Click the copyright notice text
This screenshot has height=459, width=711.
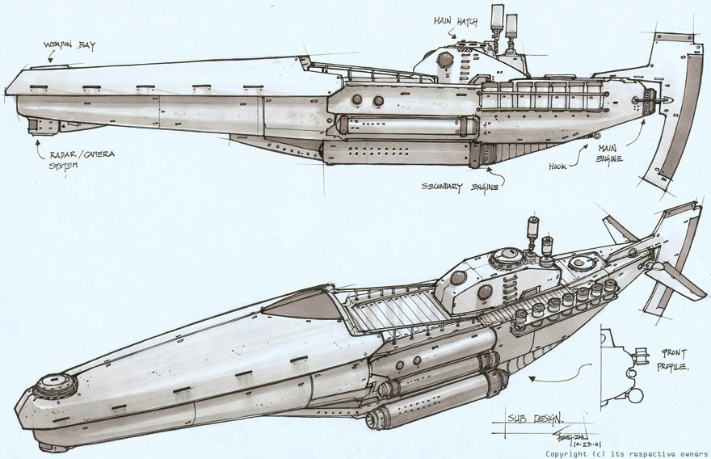click(x=627, y=453)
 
